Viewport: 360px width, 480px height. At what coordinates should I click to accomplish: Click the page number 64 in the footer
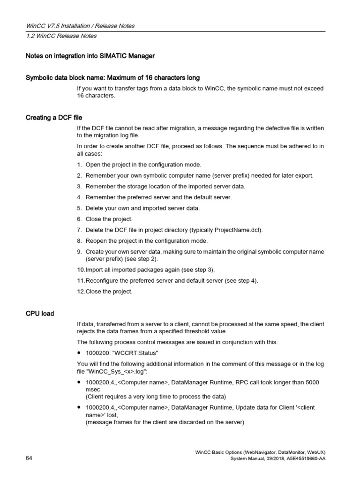[x=29, y=458]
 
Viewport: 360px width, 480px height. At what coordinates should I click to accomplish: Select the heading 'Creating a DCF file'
[x=54, y=118]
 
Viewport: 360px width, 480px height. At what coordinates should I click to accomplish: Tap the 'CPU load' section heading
[x=40, y=313]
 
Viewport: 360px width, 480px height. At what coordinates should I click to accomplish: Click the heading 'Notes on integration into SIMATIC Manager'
[x=90, y=56]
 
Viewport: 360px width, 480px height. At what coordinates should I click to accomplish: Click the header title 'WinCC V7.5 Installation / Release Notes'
[x=80, y=26]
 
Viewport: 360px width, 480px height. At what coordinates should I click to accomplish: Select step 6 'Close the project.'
[x=109, y=219]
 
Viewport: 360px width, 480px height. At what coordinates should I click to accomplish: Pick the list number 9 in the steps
[x=80, y=252]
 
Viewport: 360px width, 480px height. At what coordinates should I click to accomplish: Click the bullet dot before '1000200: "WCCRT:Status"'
[x=80, y=352]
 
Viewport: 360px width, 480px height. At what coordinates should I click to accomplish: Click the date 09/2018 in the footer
[x=266, y=458]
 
